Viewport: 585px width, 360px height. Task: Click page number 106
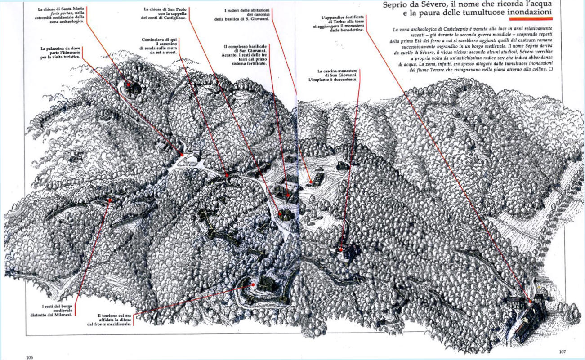[x=29, y=357]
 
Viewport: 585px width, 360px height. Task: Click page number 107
[x=562, y=351]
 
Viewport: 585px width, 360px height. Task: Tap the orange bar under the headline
[x=531, y=18]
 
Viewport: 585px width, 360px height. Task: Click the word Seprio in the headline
[x=394, y=4]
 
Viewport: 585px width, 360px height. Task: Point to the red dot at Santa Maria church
[x=128, y=84]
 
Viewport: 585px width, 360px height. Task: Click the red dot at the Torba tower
[x=530, y=301]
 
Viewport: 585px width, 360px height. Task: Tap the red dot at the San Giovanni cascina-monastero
[x=341, y=250]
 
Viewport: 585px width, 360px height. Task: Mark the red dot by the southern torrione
[x=253, y=284]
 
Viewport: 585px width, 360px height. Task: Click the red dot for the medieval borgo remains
[x=110, y=200]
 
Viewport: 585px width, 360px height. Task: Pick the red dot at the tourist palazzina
[x=182, y=155]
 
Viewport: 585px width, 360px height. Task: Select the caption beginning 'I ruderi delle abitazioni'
[x=242, y=15]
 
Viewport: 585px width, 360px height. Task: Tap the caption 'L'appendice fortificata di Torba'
[x=339, y=23]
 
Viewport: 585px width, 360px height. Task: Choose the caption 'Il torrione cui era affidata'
[x=109, y=320]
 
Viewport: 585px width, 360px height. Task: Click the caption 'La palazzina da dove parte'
[x=60, y=53]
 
